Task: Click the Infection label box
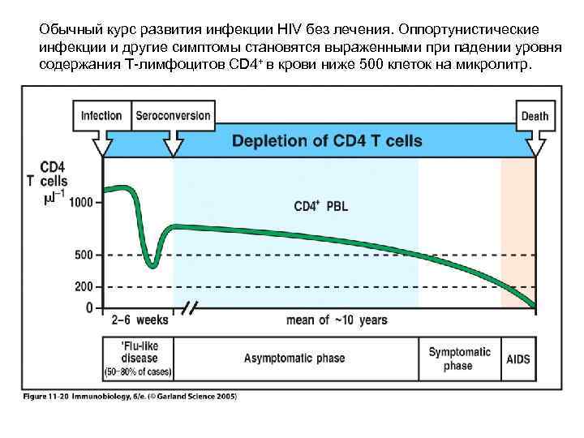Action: [101, 116]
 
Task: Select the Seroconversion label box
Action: [173, 116]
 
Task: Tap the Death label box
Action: [535, 116]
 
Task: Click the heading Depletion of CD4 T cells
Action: [327, 141]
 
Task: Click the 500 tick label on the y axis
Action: [83, 255]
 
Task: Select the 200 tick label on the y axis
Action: [83, 286]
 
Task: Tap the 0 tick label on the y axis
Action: [89, 308]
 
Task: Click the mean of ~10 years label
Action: [337, 320]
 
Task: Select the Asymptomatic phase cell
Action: [294, 359]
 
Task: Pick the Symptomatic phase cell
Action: [459, 359]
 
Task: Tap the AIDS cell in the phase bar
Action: [518, 359]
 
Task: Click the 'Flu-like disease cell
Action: [137, 359]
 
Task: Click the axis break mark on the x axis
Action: [191, 309]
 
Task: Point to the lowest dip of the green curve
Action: [152, 265]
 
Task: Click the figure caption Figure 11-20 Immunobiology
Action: [130, 397]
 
